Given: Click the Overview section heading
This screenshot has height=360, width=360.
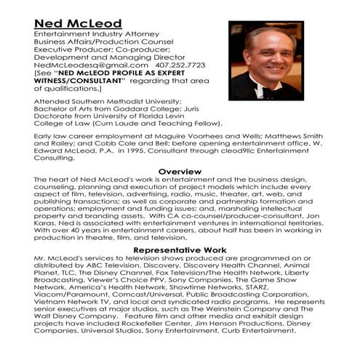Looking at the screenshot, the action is (x=179, y=172).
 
